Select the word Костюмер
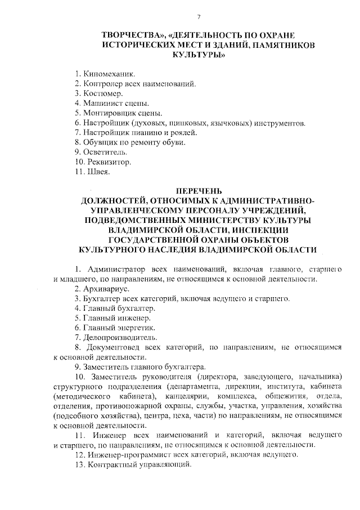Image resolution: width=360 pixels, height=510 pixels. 103,93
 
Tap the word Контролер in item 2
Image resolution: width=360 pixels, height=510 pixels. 104,84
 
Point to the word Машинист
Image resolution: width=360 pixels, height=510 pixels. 103,104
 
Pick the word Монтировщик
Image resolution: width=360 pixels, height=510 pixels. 109,113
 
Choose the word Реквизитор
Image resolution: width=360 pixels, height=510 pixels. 107,162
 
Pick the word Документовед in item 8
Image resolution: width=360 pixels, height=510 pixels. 113,347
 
